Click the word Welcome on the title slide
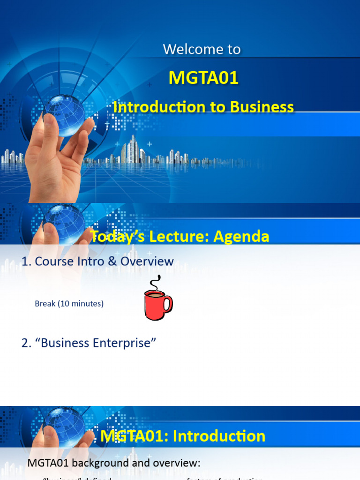[187, 49]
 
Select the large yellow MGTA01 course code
[203, 78]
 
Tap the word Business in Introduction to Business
[262, 107]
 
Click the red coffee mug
[156, 305]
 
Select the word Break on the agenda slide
[45, 304]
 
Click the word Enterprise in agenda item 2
[124, 343]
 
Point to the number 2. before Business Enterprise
[26, 343]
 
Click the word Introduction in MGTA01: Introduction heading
[219, 436]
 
